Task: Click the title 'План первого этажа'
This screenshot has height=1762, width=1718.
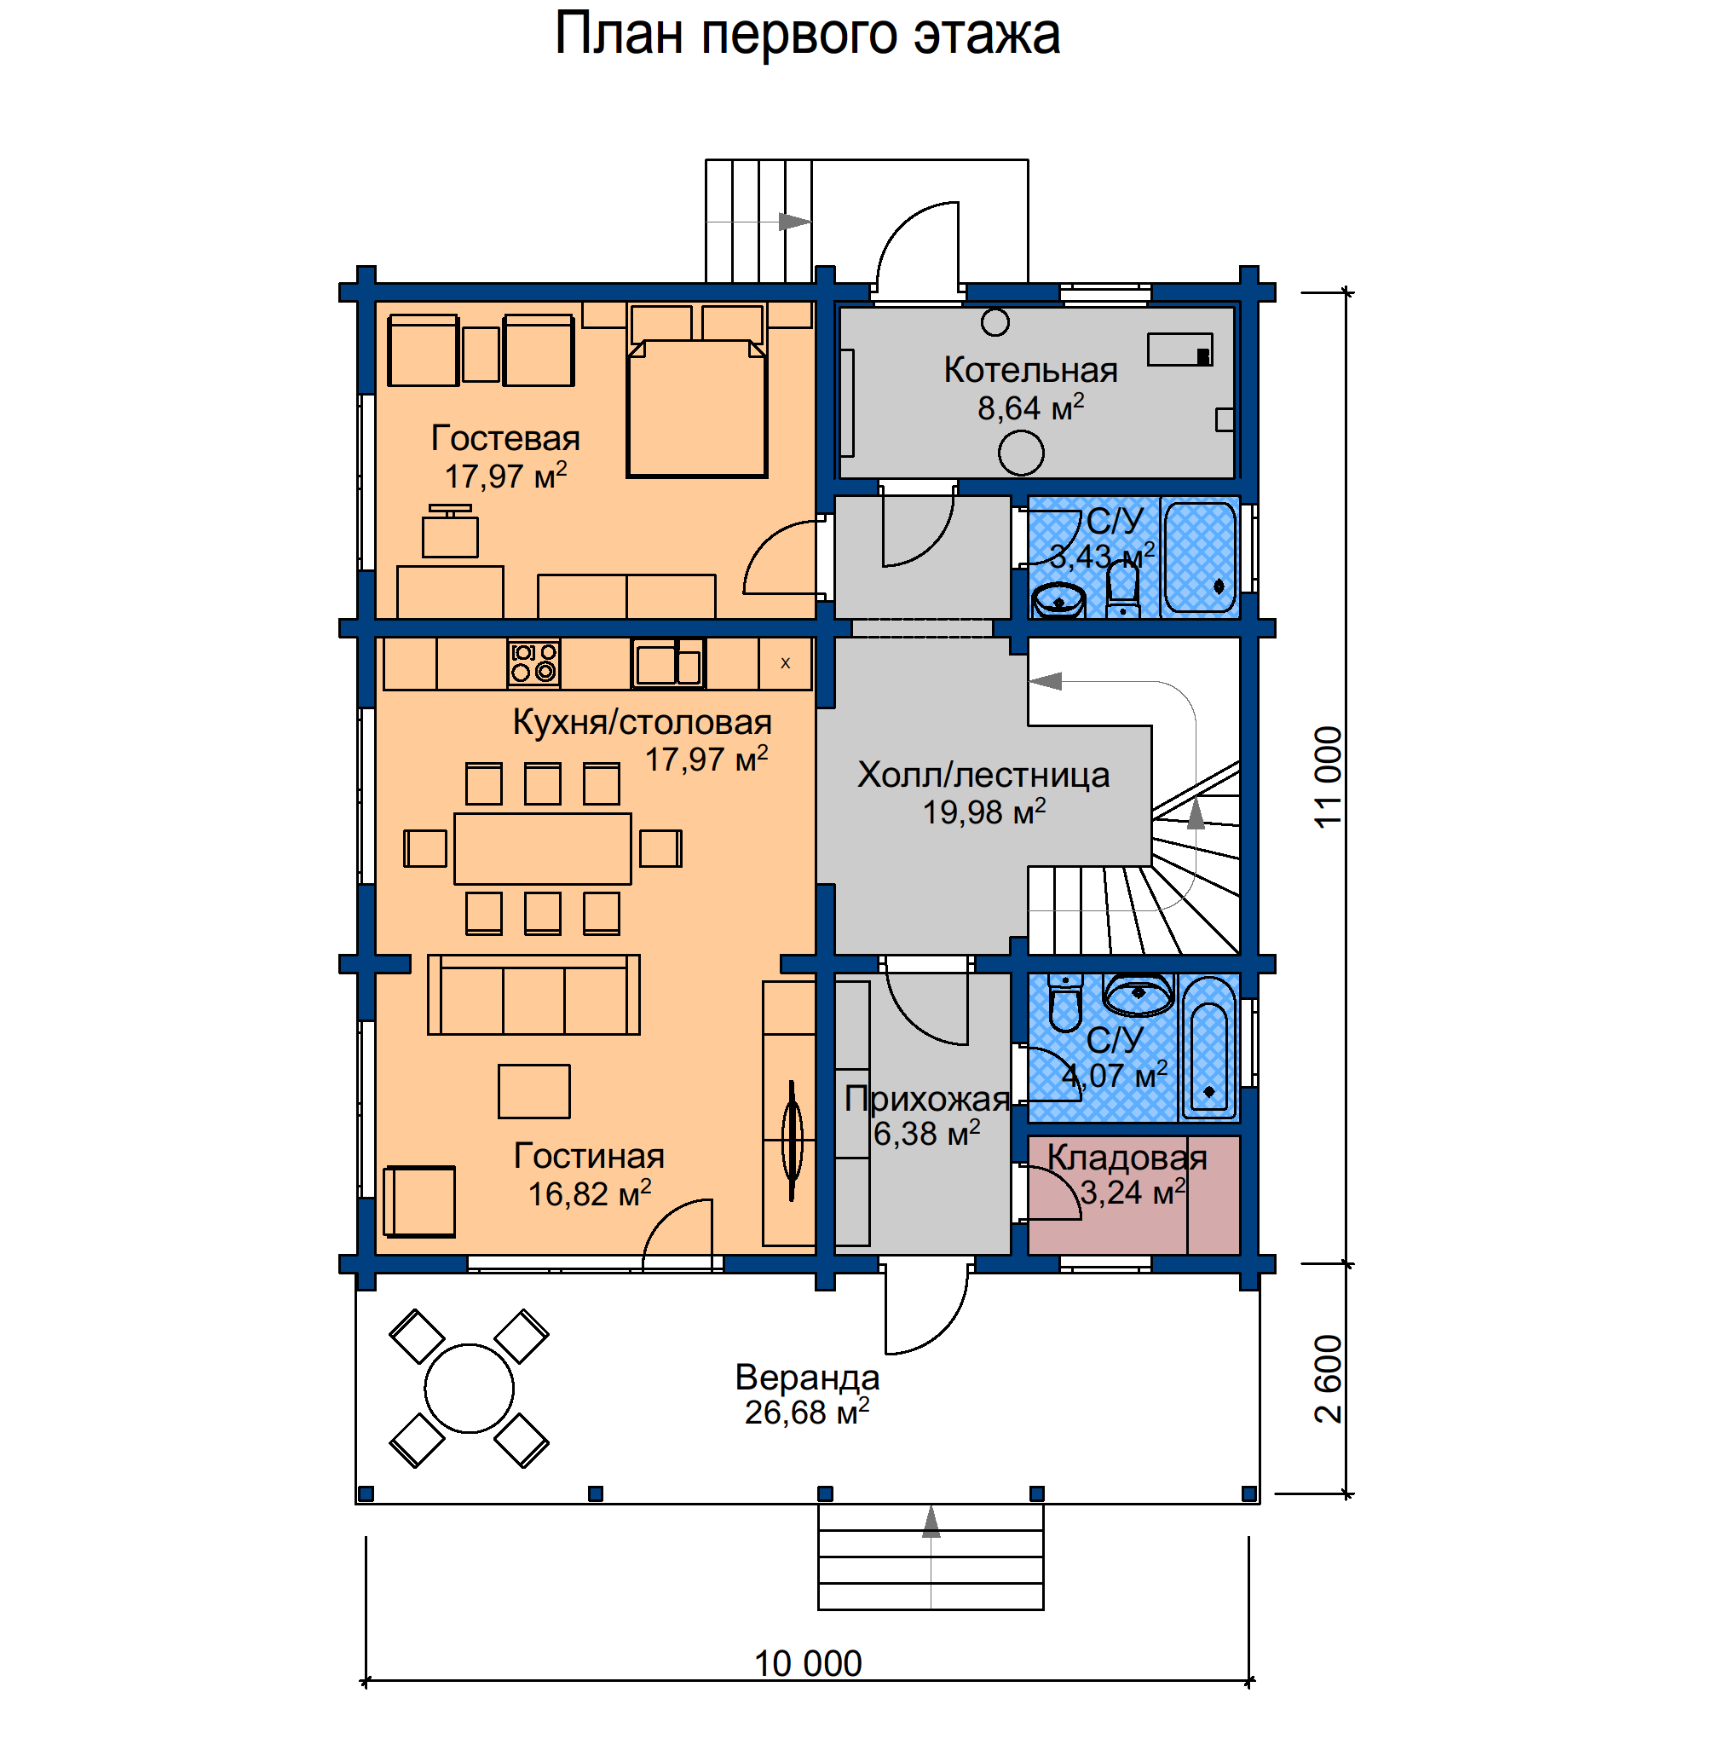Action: click(x=808, y=35)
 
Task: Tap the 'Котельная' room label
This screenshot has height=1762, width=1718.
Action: click(x=1031, y=370)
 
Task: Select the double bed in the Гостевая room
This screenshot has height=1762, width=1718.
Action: click(x=696, y=408)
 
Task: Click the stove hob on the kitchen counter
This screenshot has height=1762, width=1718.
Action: click(x=534, y=662)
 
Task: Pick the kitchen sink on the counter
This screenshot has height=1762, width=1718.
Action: click(x=668, y=663)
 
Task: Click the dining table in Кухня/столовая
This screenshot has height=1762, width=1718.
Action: click(x=542, y=848)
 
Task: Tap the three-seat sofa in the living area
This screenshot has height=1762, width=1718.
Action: click(x=533, y=995)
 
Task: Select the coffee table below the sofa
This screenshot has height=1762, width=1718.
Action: click(x=534, y=1091)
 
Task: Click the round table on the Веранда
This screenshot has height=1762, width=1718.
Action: click(x=470, y=1389)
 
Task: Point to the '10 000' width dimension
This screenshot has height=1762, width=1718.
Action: click(x=809, y=1663)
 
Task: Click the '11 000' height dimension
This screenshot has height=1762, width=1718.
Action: click(x=1329, y=777)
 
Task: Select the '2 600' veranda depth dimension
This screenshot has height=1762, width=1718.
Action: click(x=1329, y=1378)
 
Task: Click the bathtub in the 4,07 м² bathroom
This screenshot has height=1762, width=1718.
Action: click(x=1209, y=1047)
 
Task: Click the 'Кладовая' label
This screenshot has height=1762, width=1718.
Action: click(x=1127, y=1158)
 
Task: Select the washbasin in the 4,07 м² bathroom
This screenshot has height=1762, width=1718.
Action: click(x=1139, y=994)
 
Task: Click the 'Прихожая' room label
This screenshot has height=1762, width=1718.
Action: click(x=926, y=1099)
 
